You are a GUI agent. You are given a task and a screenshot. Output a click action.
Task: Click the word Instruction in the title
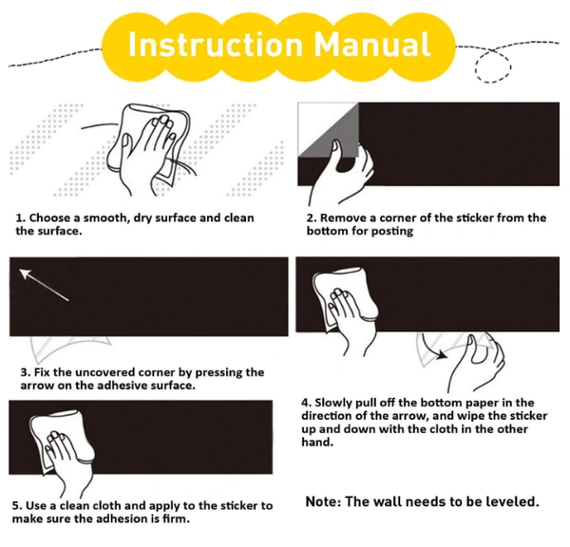216,45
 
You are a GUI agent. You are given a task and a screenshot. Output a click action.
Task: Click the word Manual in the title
372,45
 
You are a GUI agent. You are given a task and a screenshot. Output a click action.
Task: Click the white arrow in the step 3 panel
44,285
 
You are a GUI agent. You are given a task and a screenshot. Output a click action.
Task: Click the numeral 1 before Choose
19,218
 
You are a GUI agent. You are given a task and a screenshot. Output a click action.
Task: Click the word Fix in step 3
42,372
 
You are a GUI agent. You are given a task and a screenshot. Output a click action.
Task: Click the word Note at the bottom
323,502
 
